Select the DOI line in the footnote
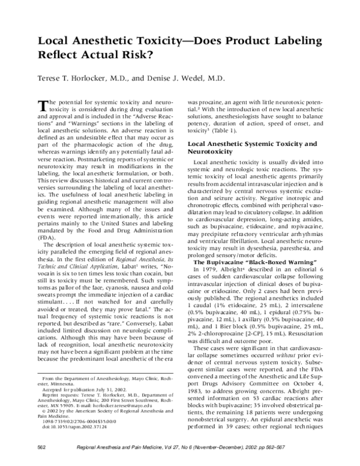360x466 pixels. coord(68,438)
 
